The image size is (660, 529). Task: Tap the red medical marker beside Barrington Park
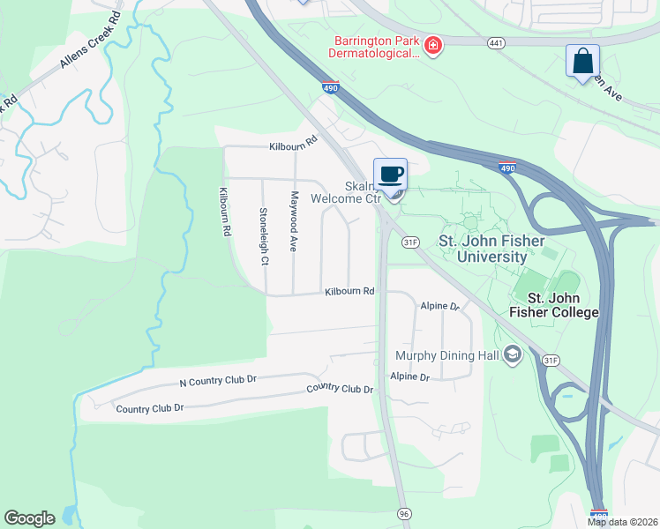[432, 45]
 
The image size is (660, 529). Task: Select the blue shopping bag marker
[582, 62]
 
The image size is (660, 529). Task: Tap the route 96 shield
[404, 513]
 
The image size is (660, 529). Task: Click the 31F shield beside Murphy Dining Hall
[551, 360]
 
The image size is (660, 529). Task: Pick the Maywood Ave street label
[295, 221]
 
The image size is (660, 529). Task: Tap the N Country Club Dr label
[217, 380]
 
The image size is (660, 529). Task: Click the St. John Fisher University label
[492, 248]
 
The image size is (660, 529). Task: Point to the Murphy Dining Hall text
[447, 355]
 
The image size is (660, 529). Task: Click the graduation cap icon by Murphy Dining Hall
[513, 355]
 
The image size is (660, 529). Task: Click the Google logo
[29, 518]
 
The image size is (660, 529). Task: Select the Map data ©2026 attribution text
[622, 522]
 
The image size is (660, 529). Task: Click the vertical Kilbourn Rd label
[225, 211]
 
